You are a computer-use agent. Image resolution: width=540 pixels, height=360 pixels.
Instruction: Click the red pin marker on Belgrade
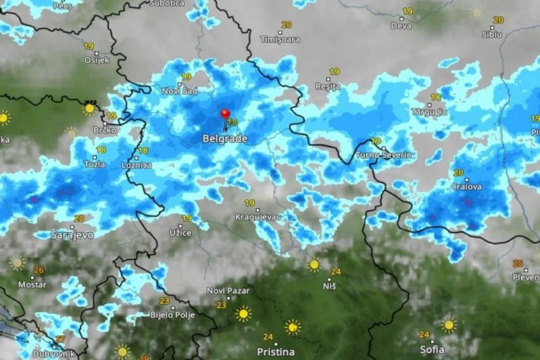[225, 114]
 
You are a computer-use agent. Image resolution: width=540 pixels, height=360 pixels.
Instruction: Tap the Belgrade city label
[224, 139]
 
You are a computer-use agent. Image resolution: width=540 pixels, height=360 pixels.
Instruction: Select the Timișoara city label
[280, 40]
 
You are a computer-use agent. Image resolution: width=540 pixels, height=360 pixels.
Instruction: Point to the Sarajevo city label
[72, 234]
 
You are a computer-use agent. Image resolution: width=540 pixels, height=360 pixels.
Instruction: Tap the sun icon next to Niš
[313, 265]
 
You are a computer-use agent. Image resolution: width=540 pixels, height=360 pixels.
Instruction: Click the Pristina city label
[276, 351]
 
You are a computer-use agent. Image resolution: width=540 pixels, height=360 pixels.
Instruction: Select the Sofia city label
[431, 349]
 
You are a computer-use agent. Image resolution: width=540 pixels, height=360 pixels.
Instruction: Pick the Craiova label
[467, 187]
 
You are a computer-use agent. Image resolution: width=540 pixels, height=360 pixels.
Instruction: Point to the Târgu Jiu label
[429, 112]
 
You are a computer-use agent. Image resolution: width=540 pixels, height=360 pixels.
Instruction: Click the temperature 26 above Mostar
[38, 270]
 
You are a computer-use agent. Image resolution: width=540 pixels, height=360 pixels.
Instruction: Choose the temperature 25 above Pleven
[519, 263]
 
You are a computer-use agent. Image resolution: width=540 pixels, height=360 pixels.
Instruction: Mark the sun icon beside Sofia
[448, 325]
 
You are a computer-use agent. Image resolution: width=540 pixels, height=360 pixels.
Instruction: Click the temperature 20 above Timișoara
[286, 25]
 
